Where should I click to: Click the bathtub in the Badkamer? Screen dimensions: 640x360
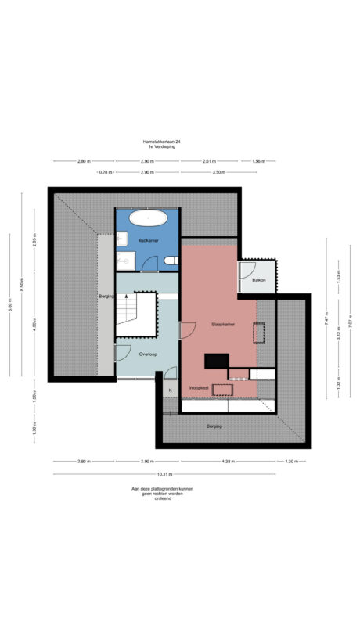148,218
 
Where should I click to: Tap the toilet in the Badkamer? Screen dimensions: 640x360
170,261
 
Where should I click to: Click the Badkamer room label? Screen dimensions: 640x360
149,239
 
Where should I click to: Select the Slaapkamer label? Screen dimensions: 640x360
223,323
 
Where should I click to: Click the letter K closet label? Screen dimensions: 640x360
170,389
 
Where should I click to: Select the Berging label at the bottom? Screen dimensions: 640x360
214,426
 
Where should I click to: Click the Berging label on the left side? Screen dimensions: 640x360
106,297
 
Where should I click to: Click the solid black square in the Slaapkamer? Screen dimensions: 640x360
215,361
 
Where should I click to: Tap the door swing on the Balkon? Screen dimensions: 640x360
247,271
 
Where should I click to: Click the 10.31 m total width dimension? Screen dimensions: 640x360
164,474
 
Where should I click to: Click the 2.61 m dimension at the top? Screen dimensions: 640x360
209,161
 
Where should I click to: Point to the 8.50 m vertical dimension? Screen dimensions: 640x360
22,288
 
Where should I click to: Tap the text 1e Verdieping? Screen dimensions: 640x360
160,146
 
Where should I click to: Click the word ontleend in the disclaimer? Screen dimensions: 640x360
163,498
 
